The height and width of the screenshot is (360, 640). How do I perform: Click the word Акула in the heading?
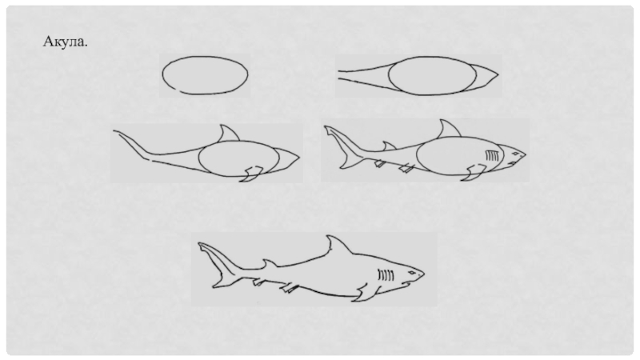click(64, 42)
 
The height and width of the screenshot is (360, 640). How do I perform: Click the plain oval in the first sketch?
click(205, 57)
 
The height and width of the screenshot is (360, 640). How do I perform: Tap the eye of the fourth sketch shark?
click(516, 154)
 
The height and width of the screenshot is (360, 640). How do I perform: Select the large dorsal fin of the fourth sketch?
click(449, 130)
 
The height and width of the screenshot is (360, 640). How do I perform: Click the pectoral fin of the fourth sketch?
click(474, 172)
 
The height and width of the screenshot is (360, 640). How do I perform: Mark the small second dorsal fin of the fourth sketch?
click(389, 146)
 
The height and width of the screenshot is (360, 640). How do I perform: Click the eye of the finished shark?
click(412, 273)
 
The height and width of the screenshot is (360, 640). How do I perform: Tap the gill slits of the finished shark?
click(386, 275)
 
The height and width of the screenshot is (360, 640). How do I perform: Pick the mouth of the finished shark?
click(407, 282)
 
